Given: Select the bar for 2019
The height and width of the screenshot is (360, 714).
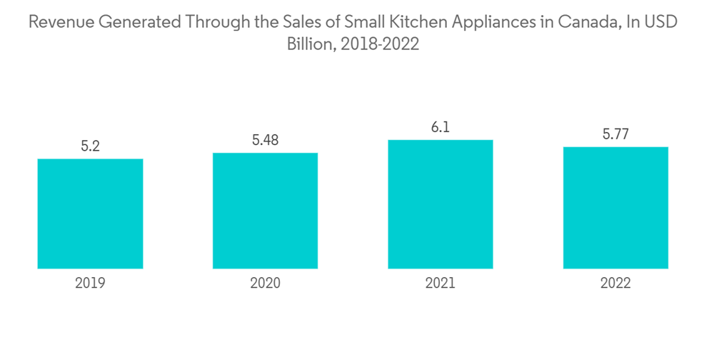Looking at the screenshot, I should coord(90,214).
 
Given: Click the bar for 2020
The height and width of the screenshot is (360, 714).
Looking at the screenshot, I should coord(265,211).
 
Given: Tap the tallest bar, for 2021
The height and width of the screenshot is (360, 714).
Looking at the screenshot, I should coord(441,204).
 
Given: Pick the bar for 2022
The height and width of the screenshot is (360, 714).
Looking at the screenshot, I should coord(615,208).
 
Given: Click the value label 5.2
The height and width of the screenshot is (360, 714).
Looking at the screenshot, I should coord(90,146).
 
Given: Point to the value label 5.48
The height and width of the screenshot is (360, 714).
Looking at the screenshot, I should coord(265,140).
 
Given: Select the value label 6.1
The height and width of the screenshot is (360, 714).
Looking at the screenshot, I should coord(441,127).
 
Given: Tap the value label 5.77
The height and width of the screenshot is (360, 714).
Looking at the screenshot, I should coord(615,134).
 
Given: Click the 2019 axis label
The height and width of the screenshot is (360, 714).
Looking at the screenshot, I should coord(90,283).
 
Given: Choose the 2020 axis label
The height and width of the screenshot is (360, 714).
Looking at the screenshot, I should coord(265,283).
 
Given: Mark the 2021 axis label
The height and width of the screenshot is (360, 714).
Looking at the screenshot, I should coord(441,283).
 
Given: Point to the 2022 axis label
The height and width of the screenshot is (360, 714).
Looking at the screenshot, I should coord(615,283).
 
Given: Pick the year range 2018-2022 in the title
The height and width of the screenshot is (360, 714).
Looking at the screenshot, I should coord(380,44).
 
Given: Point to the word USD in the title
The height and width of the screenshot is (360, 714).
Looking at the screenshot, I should coord(659,22).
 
